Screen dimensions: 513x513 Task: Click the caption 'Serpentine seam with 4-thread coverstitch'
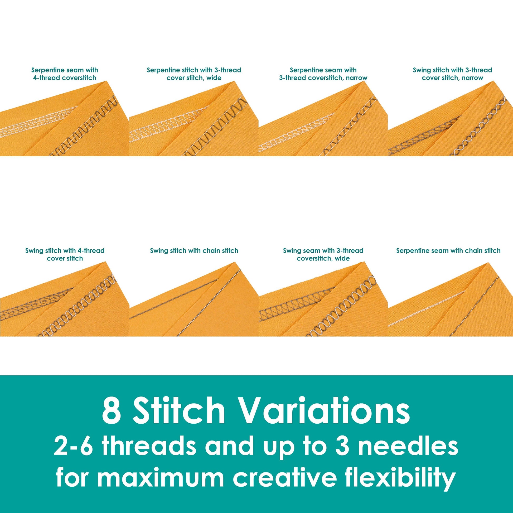(65, 74)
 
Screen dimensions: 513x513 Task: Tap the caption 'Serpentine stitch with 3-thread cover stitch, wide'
(194, 74)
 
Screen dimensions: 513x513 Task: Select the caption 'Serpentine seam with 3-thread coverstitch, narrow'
(323, 74)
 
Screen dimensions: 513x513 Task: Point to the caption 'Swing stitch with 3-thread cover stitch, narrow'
(452, 74)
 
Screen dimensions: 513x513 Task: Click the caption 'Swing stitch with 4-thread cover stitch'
(65, 254)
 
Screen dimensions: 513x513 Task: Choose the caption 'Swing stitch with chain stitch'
(194, 251)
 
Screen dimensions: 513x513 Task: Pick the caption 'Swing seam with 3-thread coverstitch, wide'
(323, 254)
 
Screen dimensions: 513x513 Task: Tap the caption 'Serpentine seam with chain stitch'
(448, 251)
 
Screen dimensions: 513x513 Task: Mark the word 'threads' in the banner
(149, 447)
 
